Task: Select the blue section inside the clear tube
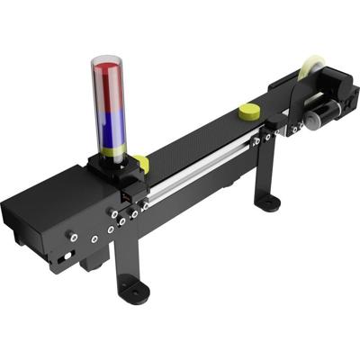(x=111, y=130)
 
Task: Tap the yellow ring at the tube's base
(x=112, y=151)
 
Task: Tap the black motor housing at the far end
(x=337, y=99)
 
